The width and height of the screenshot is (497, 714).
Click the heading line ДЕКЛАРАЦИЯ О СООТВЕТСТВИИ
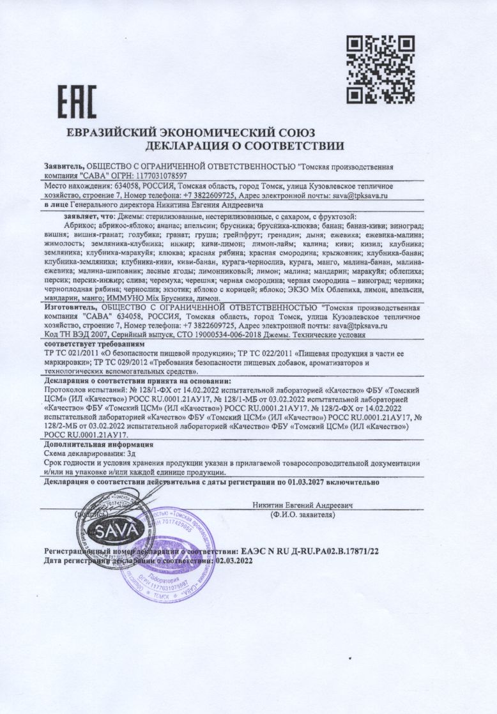(x=245, y=146)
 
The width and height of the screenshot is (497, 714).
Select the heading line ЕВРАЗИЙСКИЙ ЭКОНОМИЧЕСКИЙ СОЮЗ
(x=191, y=133)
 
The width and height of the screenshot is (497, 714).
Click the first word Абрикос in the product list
(x=80, y=226)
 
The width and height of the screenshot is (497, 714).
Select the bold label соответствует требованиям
(x=86, y=343)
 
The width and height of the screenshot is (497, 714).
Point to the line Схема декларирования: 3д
(x=84, y=453)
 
